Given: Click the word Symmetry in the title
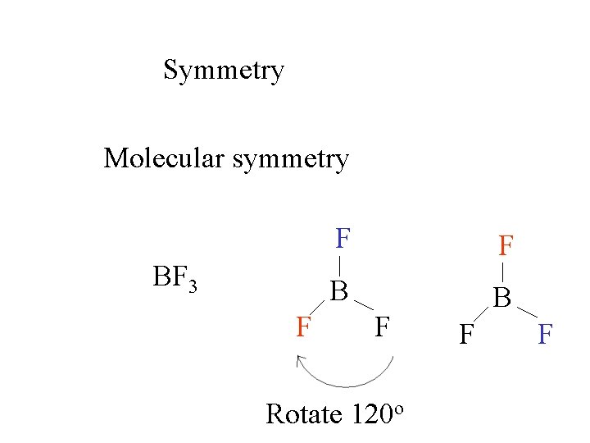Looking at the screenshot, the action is [224, 71].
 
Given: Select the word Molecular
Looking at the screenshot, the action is [164, 158].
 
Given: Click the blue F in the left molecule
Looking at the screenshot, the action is [343, 239].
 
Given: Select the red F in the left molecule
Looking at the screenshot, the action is [304, 327].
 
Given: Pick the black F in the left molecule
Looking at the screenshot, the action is [382, 327].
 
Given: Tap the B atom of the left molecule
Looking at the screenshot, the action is [339, 290].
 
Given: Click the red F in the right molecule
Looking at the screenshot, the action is [506, 245].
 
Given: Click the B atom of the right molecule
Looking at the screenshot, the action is [502, 297].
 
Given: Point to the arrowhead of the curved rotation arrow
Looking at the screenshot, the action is [301, 359].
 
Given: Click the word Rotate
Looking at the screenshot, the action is [303, 414].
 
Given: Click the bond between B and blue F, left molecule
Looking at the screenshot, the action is [340, 266].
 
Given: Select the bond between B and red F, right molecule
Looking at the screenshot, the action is [502, 271].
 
